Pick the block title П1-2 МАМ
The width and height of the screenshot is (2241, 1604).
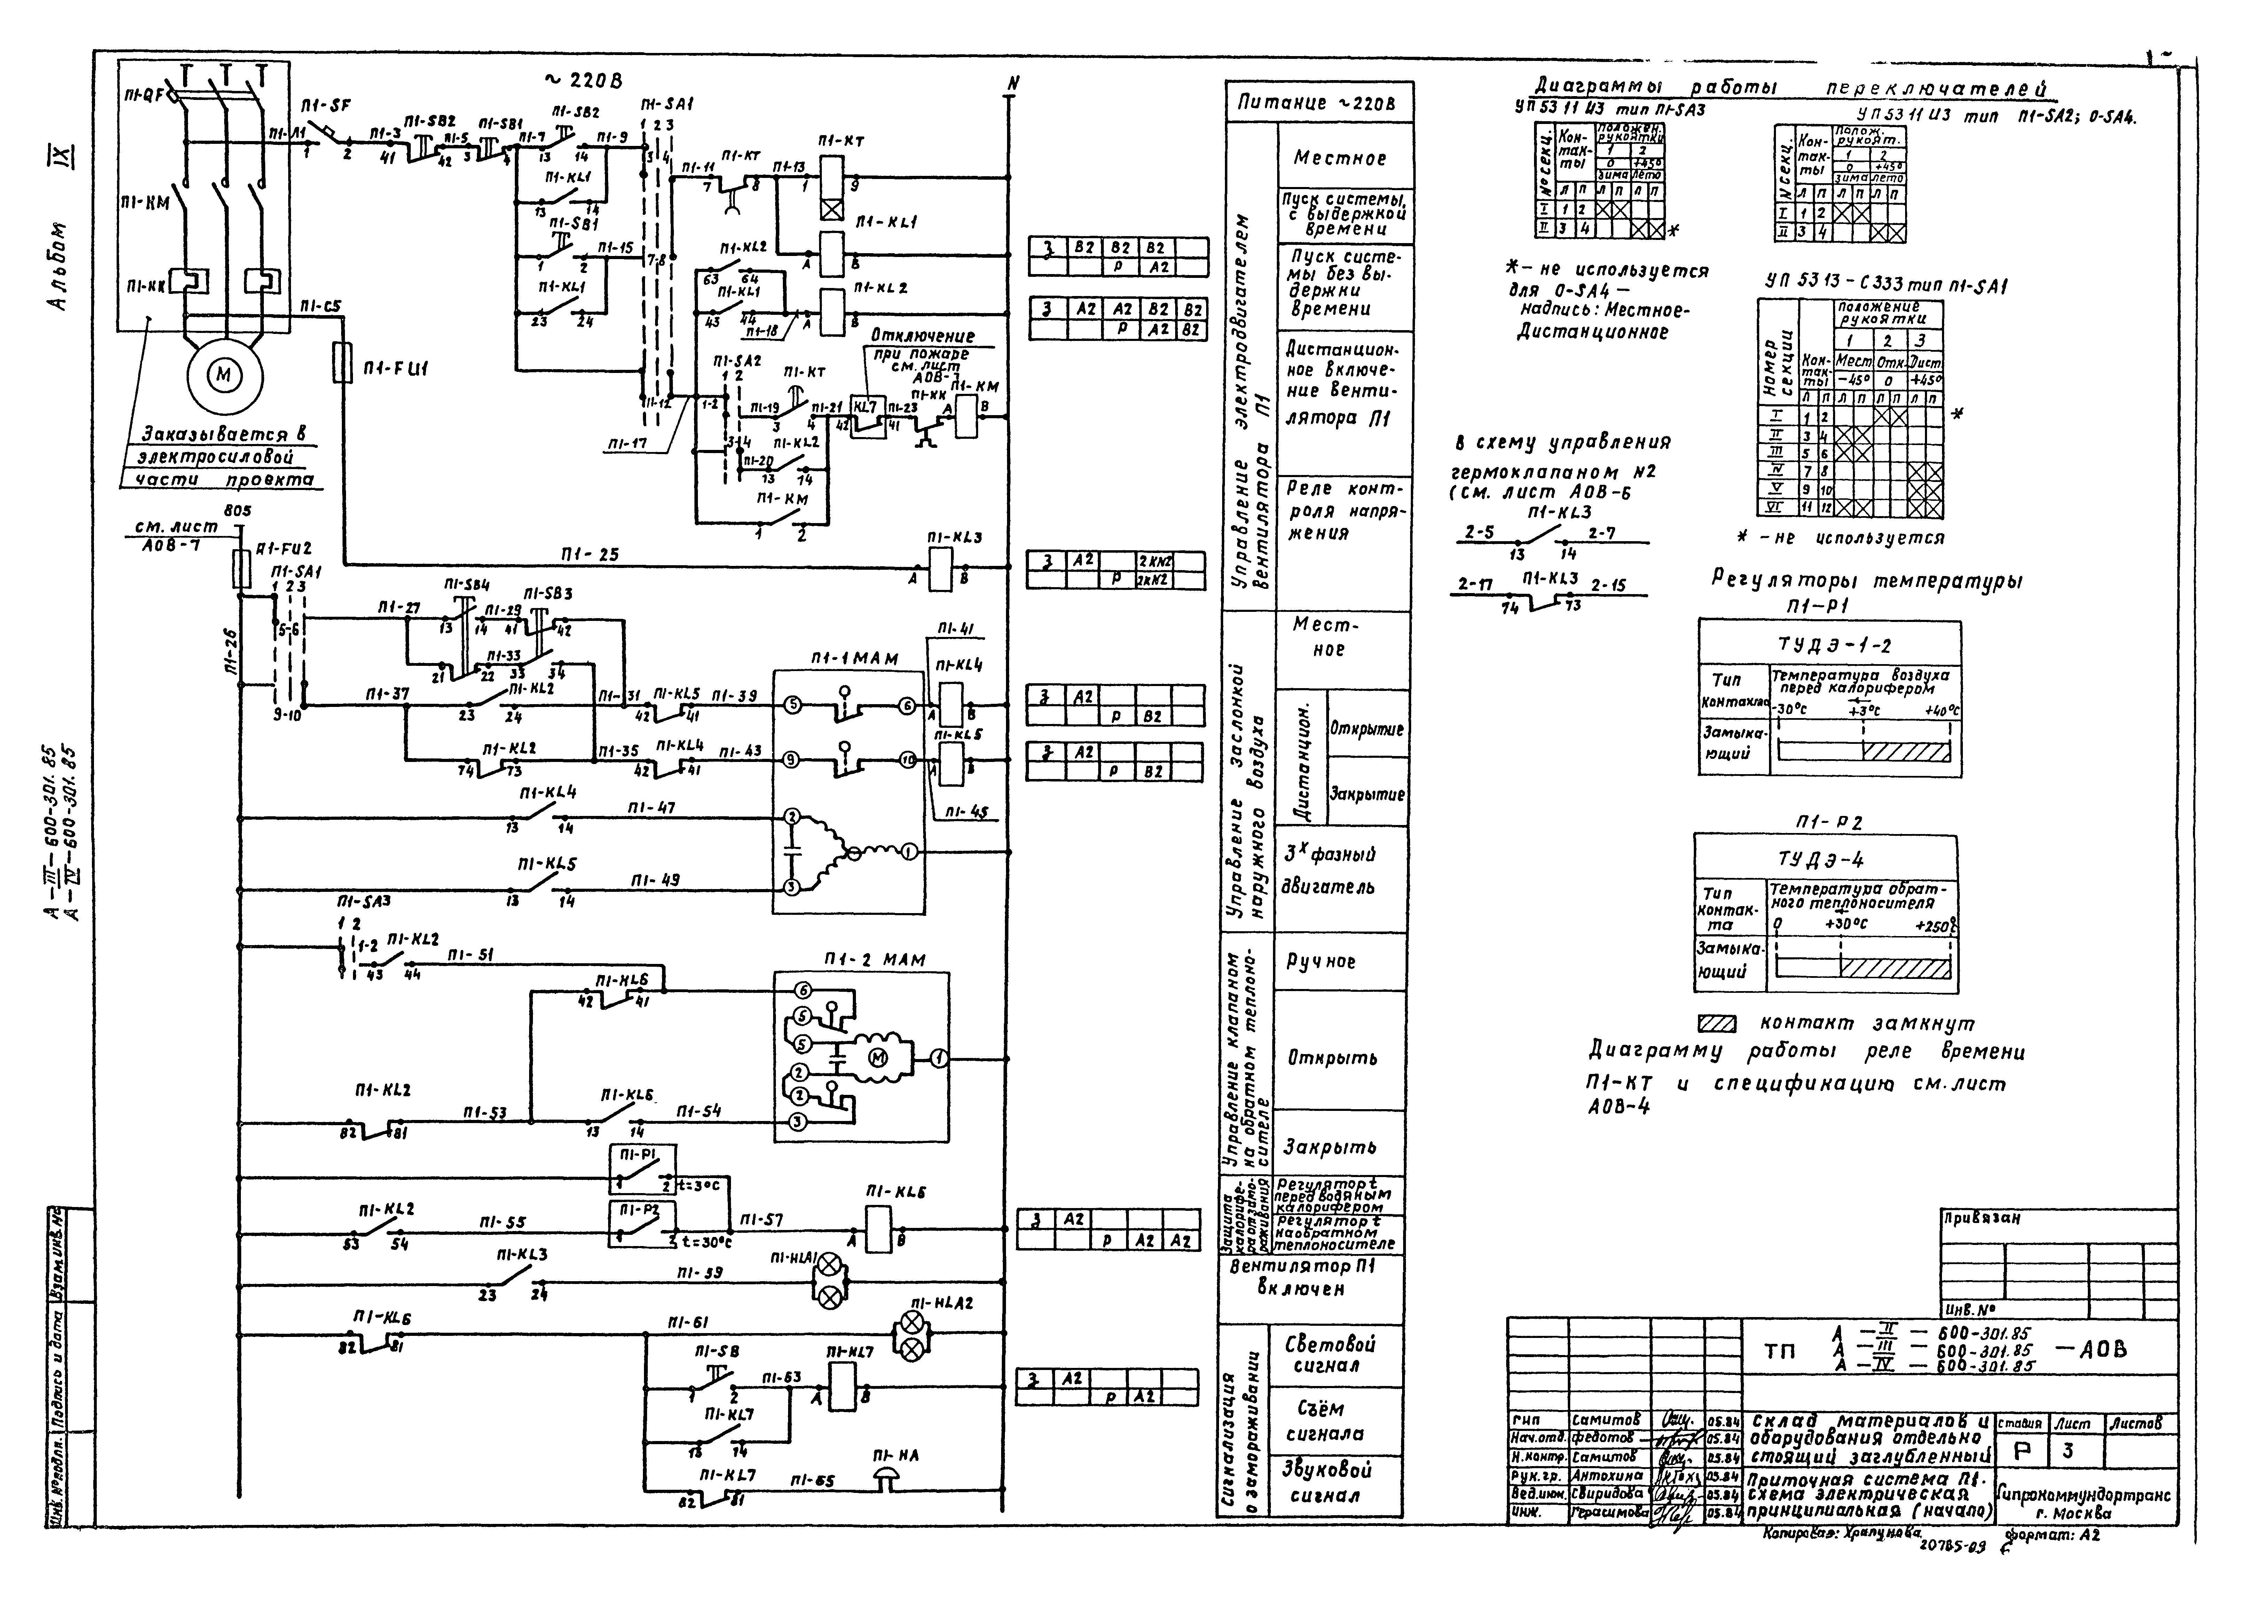click(875, 960)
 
